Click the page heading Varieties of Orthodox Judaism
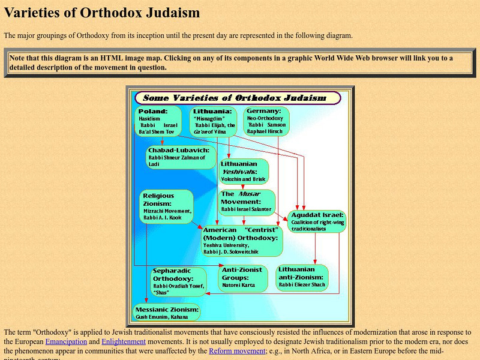tap(102, 13)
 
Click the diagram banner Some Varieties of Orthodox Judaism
tap(238, 97)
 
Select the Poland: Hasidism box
tap(160, 122)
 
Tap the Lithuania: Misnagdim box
tap(215, 122)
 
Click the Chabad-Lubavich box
tap(180, 157)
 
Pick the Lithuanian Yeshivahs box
tap(243, 171)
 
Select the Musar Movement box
tap(246, 202)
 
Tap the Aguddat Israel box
tap(316, 221)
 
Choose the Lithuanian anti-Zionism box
tap(302, 277)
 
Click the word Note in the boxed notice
tap(19, 58)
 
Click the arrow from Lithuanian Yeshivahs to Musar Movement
tap(242, 187)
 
